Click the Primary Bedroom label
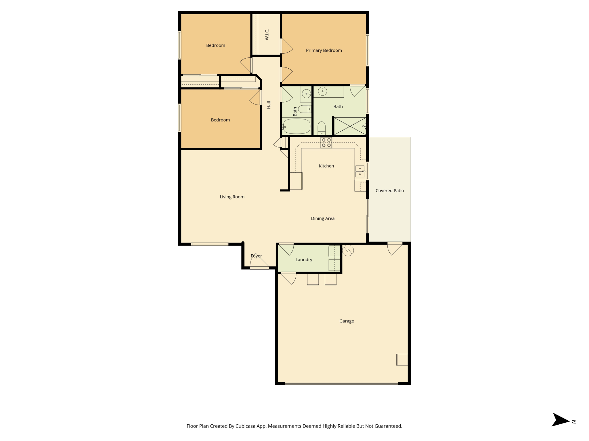[x=324, y=51]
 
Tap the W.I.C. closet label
[x=267, y=34]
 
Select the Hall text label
[x=269, y=105]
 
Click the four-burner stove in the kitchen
[x=326, y=143]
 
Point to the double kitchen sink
[x=360, y=171]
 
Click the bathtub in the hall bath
[x=297, y=126]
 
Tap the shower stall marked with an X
[x=350, y=126]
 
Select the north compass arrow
[x=560, y=420]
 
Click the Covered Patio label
[x=390, y=191]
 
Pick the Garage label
[x=347, y=321]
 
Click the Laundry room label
[x=304, y=260]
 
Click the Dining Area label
[x=323, y=218]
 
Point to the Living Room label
[x=232, y=197]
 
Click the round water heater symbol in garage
[x=348, y=250]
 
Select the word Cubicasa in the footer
[x=246, y=426]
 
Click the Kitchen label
[x=326, y=166]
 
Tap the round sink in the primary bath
[x=322, y=91]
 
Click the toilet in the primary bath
[x=322, y=128]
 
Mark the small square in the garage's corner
[x=402, y=359]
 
